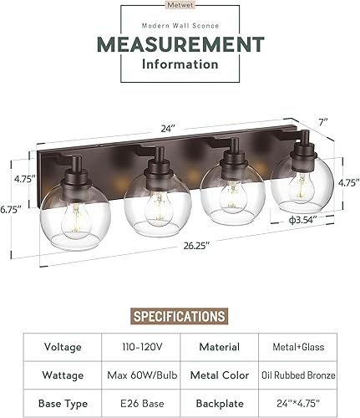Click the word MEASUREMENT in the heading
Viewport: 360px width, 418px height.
pos(180,43)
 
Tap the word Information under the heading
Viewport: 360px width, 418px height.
pos(180,64)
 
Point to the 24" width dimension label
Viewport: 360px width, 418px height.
pos(170,129)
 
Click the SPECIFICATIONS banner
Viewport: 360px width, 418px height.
pos(180,316)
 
